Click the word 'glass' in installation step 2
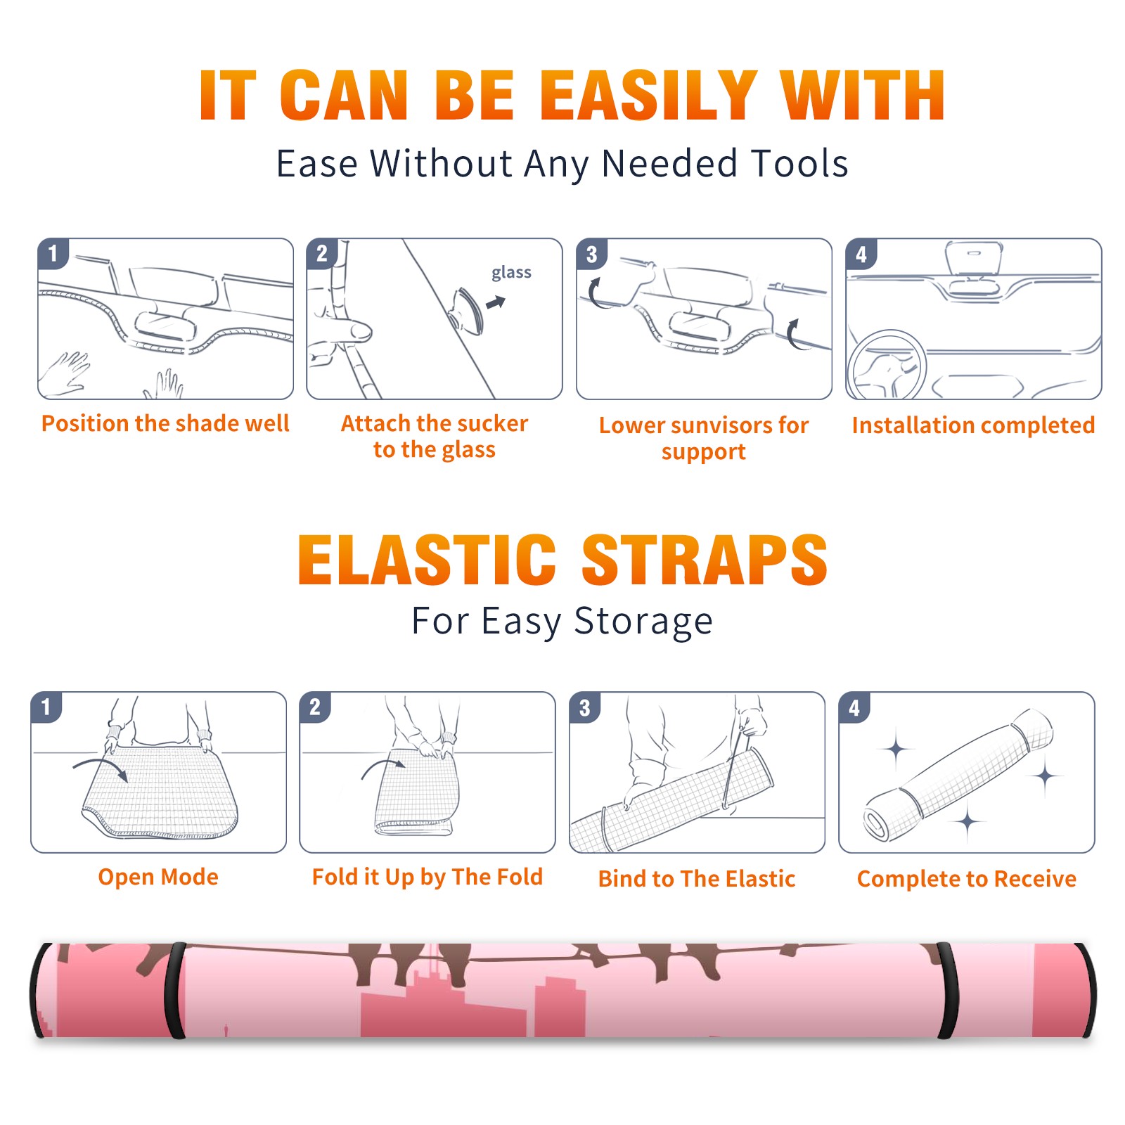point(511,273)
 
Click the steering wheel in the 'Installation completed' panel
point(887,366)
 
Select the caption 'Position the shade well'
point(165,423)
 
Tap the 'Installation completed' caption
point(973,425)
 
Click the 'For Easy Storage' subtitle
point(562,622)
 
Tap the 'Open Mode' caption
point(158,877)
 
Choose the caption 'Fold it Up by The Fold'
point(427,877)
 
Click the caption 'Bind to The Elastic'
point(697,879)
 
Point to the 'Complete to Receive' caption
point(967,880)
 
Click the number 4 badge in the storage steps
point(854,707)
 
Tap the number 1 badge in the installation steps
point(53,253)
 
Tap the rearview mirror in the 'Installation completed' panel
point(974,259)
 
